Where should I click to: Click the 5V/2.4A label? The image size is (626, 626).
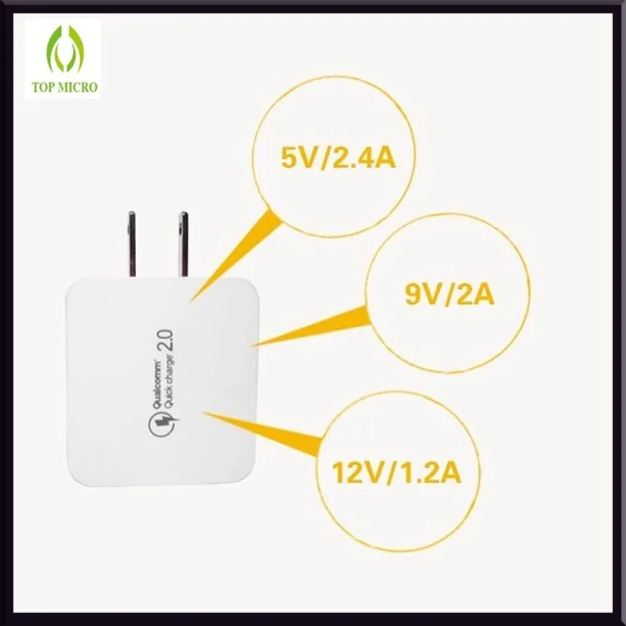[338, 157]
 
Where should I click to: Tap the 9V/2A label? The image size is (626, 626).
[450, 295]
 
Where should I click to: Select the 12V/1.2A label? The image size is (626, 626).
[396, 472]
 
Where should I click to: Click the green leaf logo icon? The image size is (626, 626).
[65, 49]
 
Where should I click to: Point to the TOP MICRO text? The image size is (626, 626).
[64, 87]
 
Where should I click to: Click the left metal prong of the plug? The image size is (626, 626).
[132, 244]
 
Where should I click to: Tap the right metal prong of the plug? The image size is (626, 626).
[184, 244]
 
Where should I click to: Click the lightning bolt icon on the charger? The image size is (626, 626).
[164, 424]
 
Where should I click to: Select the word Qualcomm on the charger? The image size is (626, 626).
[157, 384]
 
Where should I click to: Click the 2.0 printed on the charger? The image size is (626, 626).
[166, 341]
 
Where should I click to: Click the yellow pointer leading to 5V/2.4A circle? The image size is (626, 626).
[235, 255]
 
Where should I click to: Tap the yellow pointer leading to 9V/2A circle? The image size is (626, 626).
[311, 326]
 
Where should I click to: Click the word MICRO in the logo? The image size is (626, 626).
[79, 87]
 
